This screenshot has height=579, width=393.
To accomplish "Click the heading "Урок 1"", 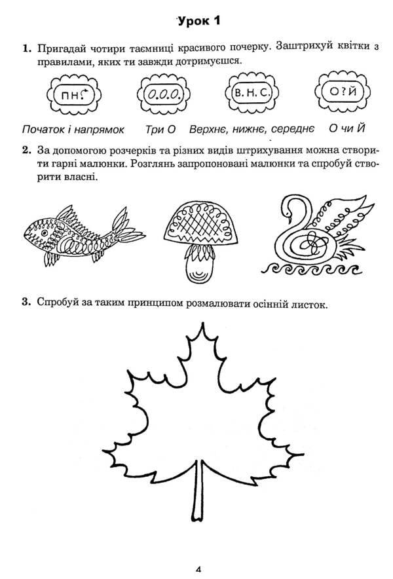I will pyautogui.click(x=198, y=21).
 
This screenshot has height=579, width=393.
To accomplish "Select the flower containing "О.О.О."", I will pyautogui.click(x=163, y=96).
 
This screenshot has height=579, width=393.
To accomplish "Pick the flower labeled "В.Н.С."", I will pyautogui.click(x=252, y=95).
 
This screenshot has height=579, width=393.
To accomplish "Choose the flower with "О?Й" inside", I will pyautogui.click(x=339, y=95).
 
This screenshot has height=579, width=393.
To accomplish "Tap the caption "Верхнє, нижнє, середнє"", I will pyautogui.click(x=252, y=128).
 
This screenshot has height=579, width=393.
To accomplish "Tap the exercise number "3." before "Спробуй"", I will pyautogui.click(x=26, y=303).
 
